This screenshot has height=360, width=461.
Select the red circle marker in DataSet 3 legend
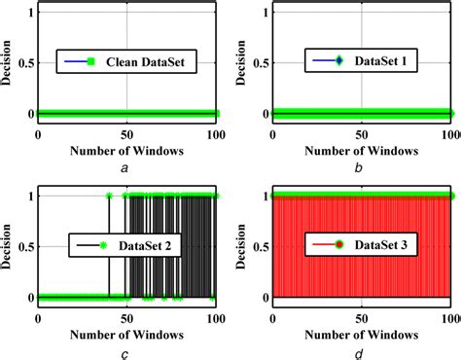point(338,245)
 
